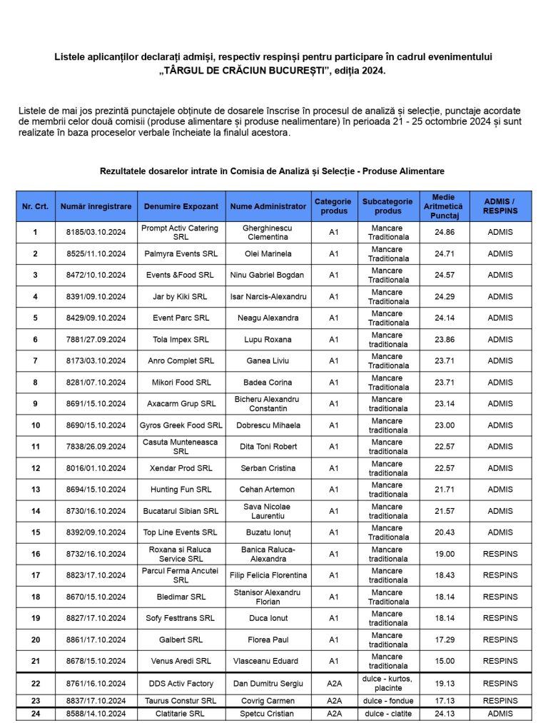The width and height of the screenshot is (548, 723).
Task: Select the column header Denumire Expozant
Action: pyautogui.click(x=181, y=206)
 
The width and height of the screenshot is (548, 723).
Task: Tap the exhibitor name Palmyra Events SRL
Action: pyautogui.click(x=181, y=253)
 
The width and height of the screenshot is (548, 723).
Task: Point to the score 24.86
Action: pyautogui.click(x=444, y=232)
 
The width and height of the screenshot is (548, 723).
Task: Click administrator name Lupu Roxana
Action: pyautogui.click(x=268, y=340)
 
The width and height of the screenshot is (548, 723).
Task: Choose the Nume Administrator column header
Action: pyautogui.click(x=268, y=206)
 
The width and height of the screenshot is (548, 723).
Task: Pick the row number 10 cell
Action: pyautogui.click(x=36, y=425)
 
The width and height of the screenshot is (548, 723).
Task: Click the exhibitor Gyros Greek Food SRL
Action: pyautogui.click(x=181, y=425)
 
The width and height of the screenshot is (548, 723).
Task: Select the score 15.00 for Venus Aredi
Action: pyautogui.click(x=444, y=661)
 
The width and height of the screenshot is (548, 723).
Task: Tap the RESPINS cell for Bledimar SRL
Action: pyautogui.click(x=500, y=597)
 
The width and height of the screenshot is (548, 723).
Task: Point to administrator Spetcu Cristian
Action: pyautogui.click(x=268, y=713)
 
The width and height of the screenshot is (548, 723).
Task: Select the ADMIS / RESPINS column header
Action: pyautogui.click(x=500, y=206)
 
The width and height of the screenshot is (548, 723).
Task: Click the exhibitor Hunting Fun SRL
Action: pyautogui.click(x=181, y=490)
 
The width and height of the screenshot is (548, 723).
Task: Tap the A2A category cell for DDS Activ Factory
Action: pyautogui.click(x=334, y=683)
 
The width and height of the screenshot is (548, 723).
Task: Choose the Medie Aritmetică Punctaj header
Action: pyautogui.click(x=444, y=206)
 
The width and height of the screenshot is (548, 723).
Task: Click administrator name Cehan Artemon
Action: pyautogui.click(x=268, y=490)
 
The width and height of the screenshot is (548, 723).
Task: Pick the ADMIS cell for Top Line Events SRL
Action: pyautogui.click(x=500, y=532)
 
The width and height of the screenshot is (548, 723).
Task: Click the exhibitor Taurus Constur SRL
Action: pyautogui.click(x=181, y=701)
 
